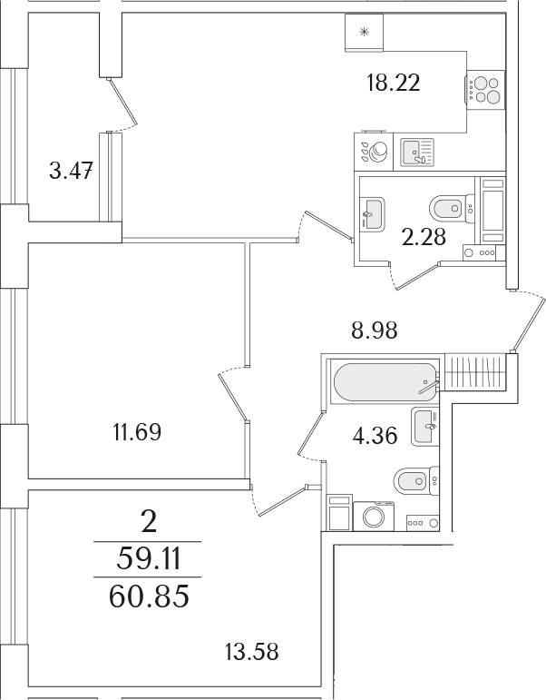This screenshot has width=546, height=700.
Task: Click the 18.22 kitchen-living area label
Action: (x=393, y=83)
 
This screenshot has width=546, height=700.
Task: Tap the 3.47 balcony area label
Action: (x=71, y=171)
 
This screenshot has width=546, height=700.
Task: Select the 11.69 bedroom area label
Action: (x=136, y=432)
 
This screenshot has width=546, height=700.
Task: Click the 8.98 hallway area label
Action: (x=374, y=330)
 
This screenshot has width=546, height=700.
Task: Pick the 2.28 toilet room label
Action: (x=424, y=237)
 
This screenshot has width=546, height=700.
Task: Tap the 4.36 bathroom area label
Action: (x=375, y=435)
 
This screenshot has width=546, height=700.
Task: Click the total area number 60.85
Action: (x=149, y=596)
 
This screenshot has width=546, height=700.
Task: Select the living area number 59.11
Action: (x=148, y=559)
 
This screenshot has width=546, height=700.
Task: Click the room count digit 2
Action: (x=149, y=522)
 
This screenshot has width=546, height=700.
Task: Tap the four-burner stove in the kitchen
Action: (x=485, y=90)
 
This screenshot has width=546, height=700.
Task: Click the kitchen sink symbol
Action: (x=417, y=152)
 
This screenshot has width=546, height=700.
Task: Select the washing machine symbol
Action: (x=374, y=516)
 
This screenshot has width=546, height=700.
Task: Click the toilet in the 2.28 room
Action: (x=452, y=208)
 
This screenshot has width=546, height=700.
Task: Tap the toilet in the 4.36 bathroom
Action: (x=416, y=481)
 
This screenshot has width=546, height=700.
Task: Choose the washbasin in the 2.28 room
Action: (x=372, y=215)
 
